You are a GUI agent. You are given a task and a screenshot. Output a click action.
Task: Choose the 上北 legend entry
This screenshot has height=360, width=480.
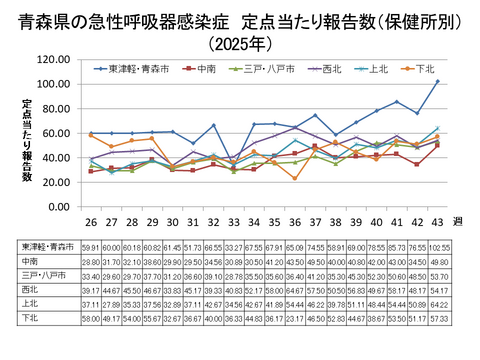point(375,70)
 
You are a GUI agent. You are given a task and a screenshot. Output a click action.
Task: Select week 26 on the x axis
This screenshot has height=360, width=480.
point(92,222)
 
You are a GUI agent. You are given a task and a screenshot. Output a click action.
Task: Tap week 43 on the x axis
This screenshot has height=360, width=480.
point(437,222)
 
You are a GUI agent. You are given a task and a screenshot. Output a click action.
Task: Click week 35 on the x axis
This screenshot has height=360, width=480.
point(254,222)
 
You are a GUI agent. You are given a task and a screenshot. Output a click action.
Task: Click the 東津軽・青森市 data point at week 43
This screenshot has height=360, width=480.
point(437,81)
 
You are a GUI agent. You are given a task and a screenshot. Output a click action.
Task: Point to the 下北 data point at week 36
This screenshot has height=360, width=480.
point(295,178)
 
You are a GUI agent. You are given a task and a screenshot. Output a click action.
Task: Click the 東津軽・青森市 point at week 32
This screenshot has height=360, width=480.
point(214,125)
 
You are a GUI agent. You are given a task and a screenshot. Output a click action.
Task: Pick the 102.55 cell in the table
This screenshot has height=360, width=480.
point(438,245)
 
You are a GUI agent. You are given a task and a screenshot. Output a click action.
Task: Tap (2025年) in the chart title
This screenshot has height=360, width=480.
point(239,43)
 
